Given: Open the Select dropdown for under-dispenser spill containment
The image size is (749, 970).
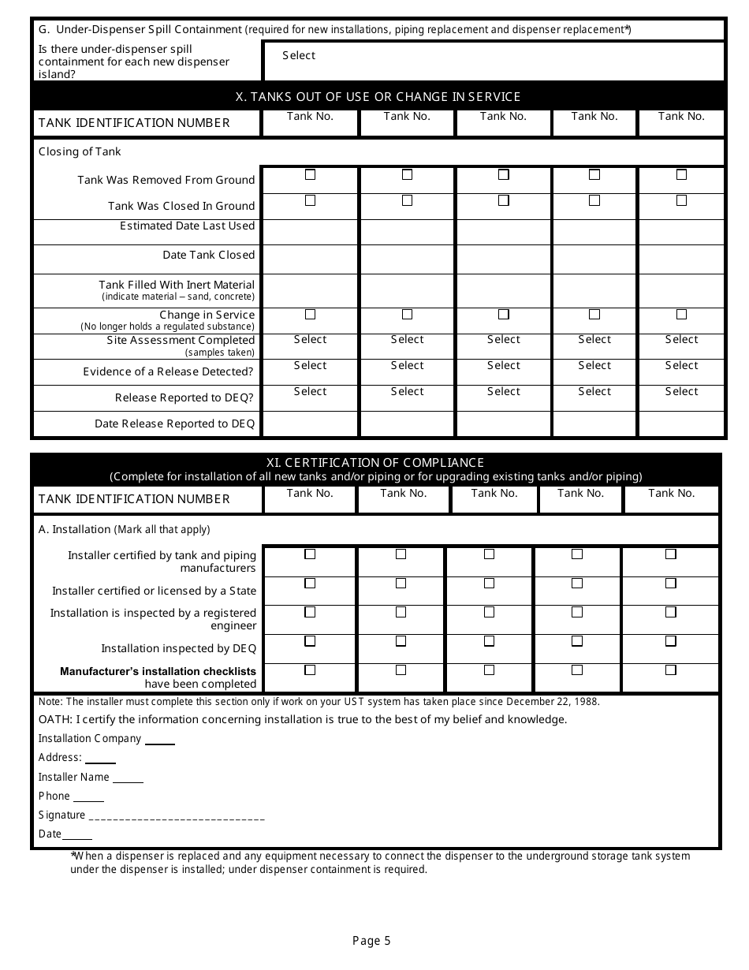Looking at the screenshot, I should point(299,56).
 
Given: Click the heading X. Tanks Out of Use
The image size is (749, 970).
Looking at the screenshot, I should point(378,97).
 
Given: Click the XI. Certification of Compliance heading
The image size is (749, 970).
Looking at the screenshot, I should point(374,463).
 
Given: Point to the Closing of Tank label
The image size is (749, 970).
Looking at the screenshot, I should point(80,151).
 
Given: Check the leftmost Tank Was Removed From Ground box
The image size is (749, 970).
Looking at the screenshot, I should point(310,174).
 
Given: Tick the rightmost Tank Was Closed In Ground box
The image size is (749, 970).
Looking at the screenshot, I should point(681,200).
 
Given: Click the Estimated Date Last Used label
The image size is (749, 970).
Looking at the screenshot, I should point(187,226).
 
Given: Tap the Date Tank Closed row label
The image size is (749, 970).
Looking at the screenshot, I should point(208,256).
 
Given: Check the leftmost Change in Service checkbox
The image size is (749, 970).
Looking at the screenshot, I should point(310,314).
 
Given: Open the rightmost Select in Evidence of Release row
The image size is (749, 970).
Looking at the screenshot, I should point(681,366).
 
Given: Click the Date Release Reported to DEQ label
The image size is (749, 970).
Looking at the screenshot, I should point(174,424).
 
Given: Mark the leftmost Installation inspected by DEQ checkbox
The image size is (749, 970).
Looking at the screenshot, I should point(310,641).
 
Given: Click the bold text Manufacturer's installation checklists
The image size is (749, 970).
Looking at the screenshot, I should point(158,671).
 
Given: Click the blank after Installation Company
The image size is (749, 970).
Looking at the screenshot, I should point(160,740).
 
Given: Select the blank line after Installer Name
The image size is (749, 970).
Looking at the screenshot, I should point(128,778).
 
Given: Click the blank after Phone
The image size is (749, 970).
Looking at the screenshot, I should point(88,797).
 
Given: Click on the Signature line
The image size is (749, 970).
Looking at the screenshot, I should point(177,817).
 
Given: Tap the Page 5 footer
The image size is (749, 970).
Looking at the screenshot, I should point(371,941).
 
